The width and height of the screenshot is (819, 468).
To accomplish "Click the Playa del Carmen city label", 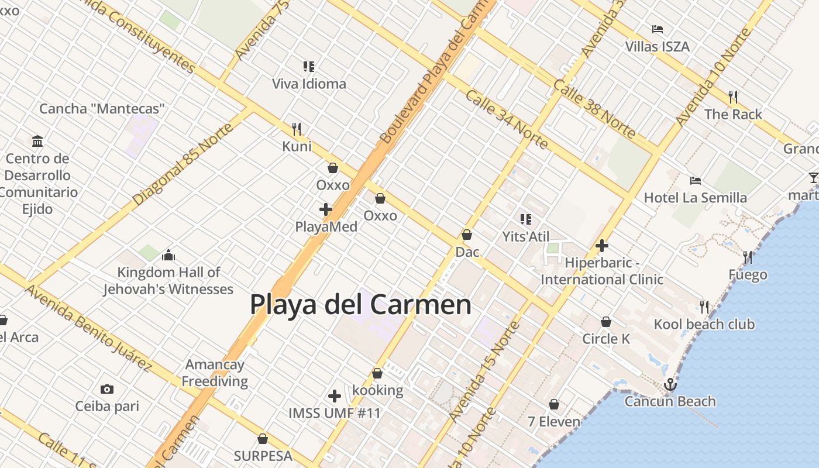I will point(360,305).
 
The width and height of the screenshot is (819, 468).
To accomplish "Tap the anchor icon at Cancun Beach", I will point(670,384).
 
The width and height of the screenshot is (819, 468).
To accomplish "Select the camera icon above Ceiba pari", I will point(106,389).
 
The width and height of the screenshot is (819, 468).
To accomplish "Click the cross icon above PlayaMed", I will point(326,209).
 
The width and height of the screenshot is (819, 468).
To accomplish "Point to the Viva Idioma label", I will point(309,84).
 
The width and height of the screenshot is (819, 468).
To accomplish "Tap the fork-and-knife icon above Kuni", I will point(297,129).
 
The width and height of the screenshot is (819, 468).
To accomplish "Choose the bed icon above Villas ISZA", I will point(658,29).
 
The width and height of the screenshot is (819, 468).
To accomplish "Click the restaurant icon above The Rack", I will point(733,97).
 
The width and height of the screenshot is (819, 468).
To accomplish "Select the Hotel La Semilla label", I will point(695,198).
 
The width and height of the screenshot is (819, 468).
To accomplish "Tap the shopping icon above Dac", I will point(467,235).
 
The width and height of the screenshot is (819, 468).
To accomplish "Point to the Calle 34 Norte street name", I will point(507,119).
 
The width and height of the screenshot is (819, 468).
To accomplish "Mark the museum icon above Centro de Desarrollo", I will point(38,141).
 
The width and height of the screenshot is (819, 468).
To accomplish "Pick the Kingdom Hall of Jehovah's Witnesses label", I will point(168,281).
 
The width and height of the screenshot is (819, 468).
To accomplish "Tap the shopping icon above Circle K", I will point(606,322).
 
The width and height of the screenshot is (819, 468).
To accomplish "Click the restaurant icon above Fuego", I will point(748,257).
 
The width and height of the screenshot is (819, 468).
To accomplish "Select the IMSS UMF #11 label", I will point(335,413).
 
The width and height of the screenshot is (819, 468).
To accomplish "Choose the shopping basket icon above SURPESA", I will point(263,439).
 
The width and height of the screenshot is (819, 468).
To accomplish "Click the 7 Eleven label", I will point(554,421).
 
